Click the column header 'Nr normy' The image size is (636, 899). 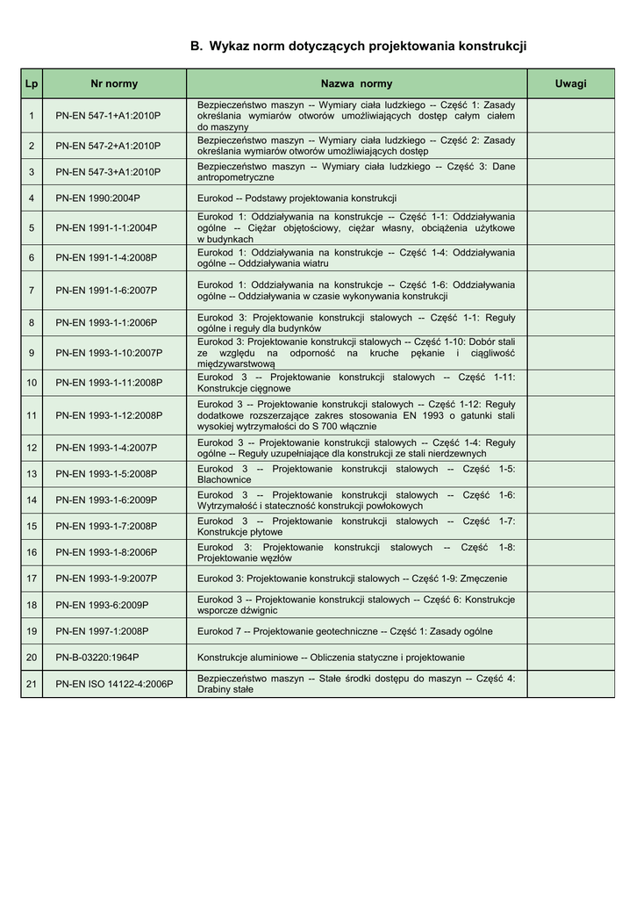pyautogui.click(x=114, y=84)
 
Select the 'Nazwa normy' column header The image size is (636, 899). pyautogui.click(x=356, y=84)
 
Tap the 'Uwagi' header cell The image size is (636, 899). pyautogui.click(x=570, y=84)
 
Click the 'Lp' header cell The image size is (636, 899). pyautogui.click(x=32, y=84)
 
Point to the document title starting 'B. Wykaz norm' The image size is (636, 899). pyautogui.click(x=358, y=46)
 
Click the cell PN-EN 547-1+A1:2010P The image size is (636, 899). pyautogui.click(x=108, y=116)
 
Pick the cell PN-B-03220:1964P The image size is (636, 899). pyautogui.click(x=97, y=658)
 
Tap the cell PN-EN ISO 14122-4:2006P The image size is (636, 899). pyautogui.click(x=114, y=684)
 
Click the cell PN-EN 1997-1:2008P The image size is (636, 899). pyautogui.click(x=102, y=631)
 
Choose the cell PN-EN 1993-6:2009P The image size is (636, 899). pyautogui.click(x=102, y=605)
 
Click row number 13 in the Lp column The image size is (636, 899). pyautogui.click(x=32, y=474)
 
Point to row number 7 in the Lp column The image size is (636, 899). pyautogui.click(x=32, y=290)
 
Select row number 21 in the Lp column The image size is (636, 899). pyautogui.click(x=32, y=684)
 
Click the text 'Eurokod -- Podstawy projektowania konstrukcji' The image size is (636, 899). pyautogui.click(x=297, y=198)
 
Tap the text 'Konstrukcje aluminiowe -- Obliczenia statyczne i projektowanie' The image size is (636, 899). pyautogui.click(x=331, y=658)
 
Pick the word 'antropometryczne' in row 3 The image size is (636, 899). pyautogui.click(x=235, y=177)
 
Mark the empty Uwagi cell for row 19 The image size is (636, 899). pyautogui.click(x=570, y=631)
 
